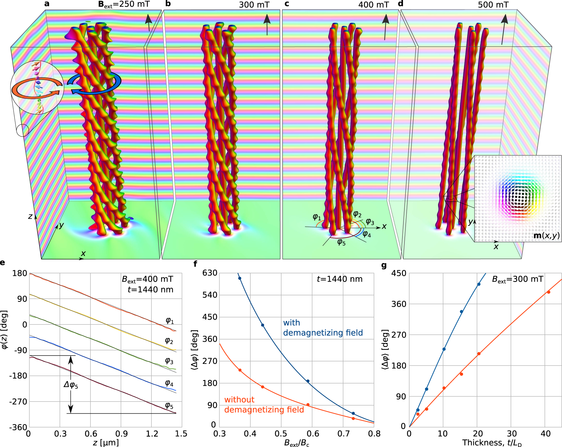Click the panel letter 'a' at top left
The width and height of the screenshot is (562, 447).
click(x=47, y=4)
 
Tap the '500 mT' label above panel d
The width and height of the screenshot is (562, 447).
click(x=493, y=5)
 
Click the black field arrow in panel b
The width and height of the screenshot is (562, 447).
click(x=267, y=24)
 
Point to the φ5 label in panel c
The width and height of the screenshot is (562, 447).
click(x=341, y=242)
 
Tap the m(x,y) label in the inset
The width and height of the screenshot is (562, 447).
click(x=546, y=236)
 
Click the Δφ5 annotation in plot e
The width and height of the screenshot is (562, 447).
click(x=71, y=384)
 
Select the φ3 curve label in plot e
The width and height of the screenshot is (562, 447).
click(x=169, y=361)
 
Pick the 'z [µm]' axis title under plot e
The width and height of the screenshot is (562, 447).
click(x=106, y=443)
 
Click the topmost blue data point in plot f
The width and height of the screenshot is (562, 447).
click(x=240, y=278)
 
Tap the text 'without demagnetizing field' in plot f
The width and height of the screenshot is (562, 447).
click(x=264, y=405)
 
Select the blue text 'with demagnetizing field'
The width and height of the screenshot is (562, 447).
click(x=323, y=328)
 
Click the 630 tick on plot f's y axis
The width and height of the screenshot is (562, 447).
click(x=210, y=273)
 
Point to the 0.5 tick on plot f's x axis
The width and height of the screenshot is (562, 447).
click(x=281, y=434)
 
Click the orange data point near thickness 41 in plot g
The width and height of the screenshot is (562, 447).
click(x=549, y=292)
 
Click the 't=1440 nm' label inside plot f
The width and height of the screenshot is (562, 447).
click(x=340, y=279)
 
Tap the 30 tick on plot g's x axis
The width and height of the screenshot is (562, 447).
click(x=512, y=434)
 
